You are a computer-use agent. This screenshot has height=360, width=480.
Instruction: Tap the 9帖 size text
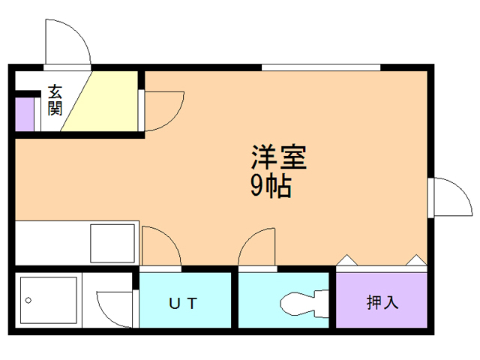click(x=270, y=185)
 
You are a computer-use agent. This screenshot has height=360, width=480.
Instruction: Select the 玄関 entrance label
click(x=55, y=100)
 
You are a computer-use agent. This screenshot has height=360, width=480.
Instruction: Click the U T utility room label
click(x=182, y=303)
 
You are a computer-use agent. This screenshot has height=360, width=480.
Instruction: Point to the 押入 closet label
click(x=382, y=303)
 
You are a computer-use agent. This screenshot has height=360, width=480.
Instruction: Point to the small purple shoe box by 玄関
click(x=24, y=113)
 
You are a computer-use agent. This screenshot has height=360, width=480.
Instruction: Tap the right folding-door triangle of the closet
click(x=415, y=261)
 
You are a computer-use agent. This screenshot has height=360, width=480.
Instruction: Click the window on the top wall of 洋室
click(x=321, y=67)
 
